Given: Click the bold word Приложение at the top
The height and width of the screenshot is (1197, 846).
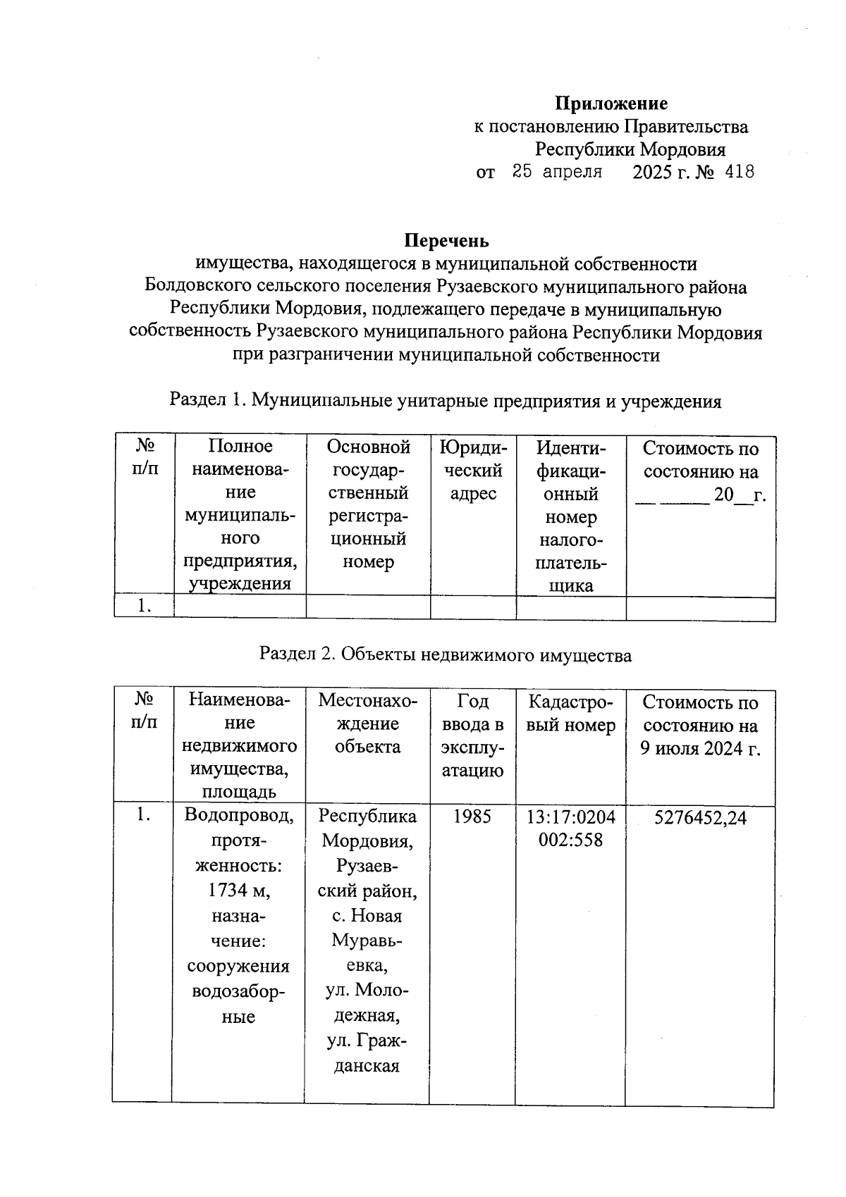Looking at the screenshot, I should (x=611, y=104).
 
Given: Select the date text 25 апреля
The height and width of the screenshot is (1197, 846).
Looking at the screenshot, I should (x=557, y=171).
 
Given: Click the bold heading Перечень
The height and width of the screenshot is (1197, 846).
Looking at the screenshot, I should (x=446, y=241).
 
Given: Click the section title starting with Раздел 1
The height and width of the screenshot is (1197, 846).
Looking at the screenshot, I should (x=446, y=402).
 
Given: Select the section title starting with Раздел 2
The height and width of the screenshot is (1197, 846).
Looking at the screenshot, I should (x=446, y=655).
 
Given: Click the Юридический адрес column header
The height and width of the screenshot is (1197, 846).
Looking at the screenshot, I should (x=472, y=471).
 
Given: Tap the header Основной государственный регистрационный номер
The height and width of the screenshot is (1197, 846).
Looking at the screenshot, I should (x=368, y=504).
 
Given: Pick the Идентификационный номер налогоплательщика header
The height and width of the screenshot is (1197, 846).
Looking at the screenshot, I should (x=570, y=516).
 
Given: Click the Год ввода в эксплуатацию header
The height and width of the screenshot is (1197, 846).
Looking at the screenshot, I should (x=472, y=736).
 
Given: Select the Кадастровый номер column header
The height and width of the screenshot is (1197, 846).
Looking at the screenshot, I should (x=570, y=713).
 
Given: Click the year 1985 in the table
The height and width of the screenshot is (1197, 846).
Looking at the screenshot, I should (x=472, y=817).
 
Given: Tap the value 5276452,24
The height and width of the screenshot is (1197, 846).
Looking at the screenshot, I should (x=700, y=817).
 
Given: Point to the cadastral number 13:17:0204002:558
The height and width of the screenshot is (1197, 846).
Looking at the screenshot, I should (x=570, y=829).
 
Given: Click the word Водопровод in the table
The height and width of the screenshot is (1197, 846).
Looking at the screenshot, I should (x=239, y=816).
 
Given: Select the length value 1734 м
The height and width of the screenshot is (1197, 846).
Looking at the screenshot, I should (x=239, y=891).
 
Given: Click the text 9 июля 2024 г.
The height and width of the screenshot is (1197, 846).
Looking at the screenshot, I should (x=700, y=748).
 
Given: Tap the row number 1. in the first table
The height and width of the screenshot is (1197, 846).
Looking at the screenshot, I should (x=145, y=606).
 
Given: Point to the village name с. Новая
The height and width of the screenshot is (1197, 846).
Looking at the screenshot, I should (x=367, y=916).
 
